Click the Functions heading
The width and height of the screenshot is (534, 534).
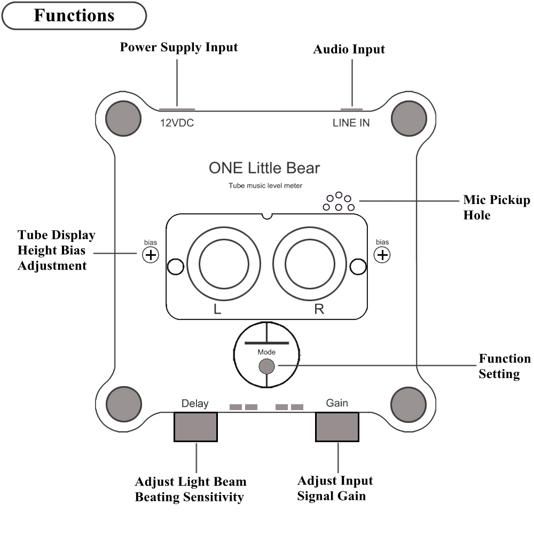74,15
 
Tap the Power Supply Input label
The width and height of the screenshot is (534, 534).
178,47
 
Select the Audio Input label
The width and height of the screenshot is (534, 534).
349,49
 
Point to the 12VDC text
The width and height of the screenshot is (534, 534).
177,123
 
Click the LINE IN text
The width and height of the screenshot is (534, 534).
351,123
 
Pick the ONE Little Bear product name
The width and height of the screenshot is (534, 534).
264,168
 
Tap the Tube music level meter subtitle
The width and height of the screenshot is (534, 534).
265,186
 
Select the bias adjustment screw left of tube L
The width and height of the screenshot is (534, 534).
151,255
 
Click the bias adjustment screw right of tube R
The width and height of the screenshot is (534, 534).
382,255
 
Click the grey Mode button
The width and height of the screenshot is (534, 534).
266,366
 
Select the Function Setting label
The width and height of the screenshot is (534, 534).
504,366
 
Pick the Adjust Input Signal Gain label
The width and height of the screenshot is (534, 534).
335,488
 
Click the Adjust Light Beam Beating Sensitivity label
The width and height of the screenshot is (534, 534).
191,489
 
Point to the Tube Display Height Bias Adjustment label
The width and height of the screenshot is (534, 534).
56,250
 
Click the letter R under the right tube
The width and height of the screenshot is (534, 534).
319,310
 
